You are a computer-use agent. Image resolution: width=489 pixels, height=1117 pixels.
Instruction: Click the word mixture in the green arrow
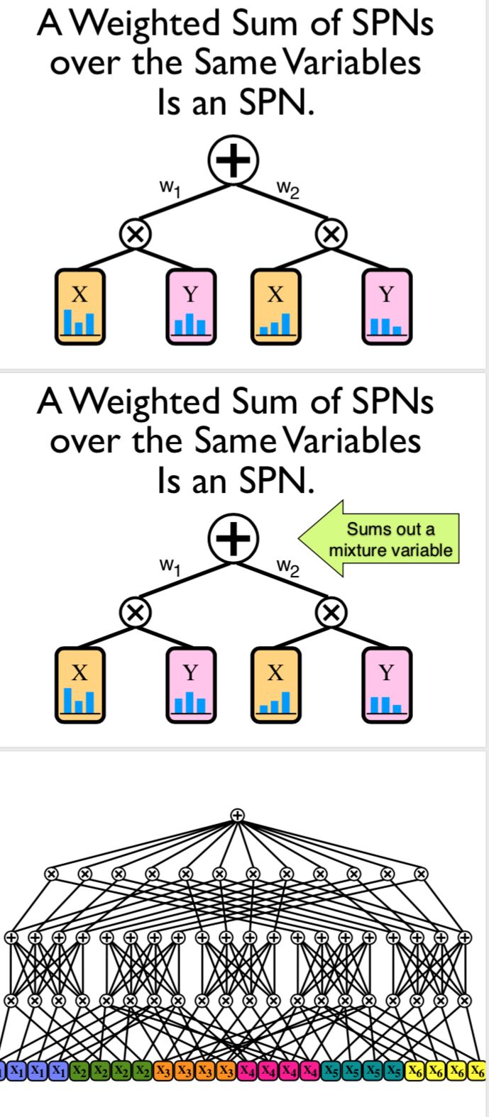pos(359,550)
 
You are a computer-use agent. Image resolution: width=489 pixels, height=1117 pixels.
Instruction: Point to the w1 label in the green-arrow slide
pos(169,566)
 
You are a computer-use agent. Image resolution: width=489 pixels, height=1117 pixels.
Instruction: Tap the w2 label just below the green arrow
pos(288,567)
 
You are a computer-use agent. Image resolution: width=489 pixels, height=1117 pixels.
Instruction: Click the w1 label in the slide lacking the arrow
pos(169,188)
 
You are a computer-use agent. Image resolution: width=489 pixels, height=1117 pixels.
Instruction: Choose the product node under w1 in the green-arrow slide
pos(132,611)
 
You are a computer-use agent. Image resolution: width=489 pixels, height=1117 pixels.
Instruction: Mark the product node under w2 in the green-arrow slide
pos(331,611)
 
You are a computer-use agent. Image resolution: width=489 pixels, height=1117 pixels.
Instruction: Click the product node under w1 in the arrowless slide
pos(132,233)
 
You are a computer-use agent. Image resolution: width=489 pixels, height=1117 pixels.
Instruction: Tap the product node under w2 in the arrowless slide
pos(331,233)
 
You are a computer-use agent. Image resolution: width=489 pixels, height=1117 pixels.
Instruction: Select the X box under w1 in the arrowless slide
pos(80,306)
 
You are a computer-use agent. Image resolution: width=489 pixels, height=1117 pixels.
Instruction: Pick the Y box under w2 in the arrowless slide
pos(386,306)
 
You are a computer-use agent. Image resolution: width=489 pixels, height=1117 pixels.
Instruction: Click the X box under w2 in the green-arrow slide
pos(277,684)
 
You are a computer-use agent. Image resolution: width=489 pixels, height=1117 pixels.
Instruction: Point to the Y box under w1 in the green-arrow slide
pos(190,684)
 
